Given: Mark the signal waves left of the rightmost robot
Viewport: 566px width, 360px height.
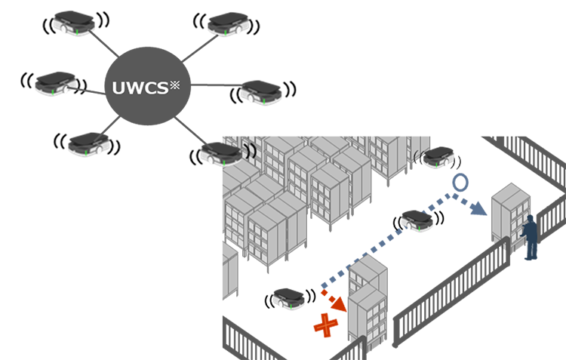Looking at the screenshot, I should tap(417, 155).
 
